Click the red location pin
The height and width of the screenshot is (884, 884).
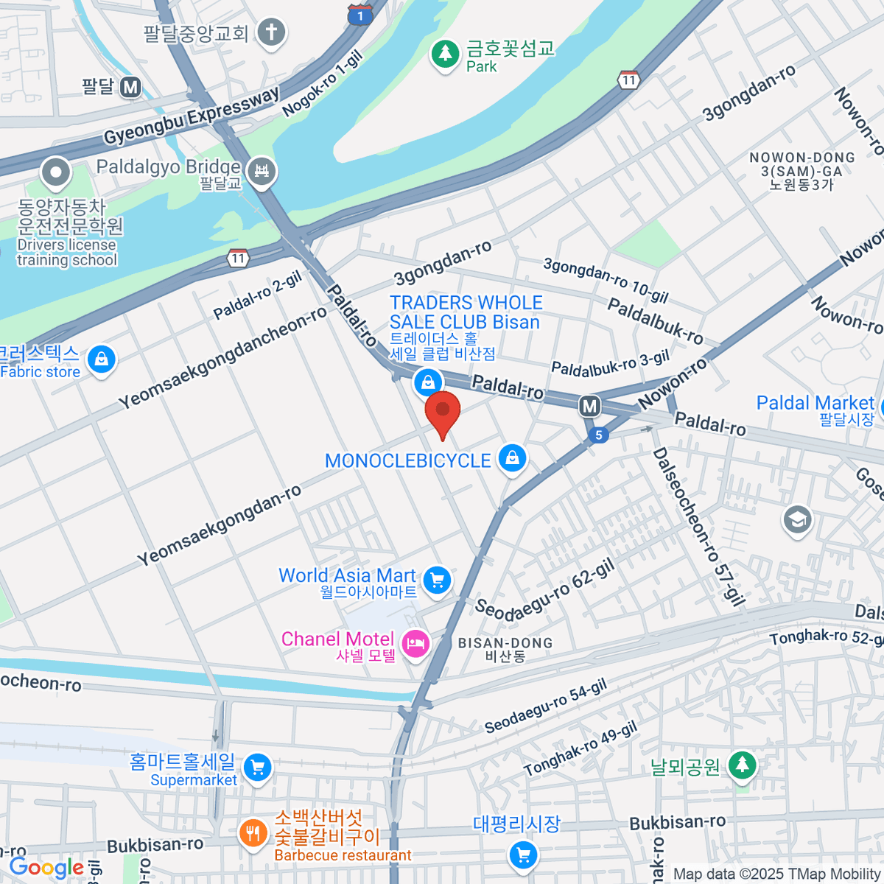[x=443, y=413]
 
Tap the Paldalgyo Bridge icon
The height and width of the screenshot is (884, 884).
[x=261, y=172]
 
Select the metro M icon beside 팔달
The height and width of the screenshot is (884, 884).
[x=130, y=88]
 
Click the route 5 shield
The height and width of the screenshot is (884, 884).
[x=598, y=435]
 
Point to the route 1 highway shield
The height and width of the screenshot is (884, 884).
[x=359, y=15]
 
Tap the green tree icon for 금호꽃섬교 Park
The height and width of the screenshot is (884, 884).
[x=444, y=54]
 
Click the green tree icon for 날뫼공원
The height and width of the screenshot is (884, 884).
[x=742, y=765]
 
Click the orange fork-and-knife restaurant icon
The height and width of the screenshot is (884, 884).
[x=253, y=834]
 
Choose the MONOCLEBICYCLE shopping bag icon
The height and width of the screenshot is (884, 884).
[x=513, y=459]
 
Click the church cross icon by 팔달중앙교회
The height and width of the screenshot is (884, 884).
[x=271, y=32]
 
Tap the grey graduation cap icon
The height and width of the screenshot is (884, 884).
[x=797, y=520]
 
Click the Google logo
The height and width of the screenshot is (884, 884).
[x=46, y=868]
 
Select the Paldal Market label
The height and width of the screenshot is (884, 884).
[x=815, y=404]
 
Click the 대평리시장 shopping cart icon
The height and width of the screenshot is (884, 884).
[x=523, y=855]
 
